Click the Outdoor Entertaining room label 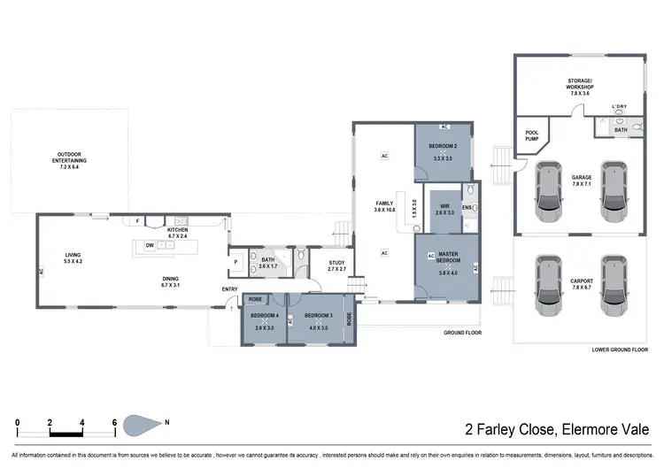tap(75, 160)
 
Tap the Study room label tap(336, 263)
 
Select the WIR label tap(444, 209)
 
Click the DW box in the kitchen tap(151, 246)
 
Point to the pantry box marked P tap(236, 262)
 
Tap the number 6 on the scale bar tap(115, 421)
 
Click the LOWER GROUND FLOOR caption tap(621, 350)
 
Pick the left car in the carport tap(548, 285)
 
